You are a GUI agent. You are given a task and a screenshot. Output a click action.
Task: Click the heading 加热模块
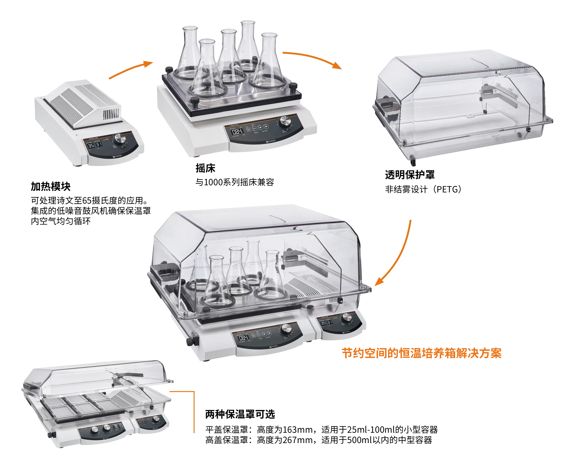point(51,186)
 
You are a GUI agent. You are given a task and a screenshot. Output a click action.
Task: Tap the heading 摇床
point(205,168)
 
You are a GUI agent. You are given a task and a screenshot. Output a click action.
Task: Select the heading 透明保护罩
point(410,175)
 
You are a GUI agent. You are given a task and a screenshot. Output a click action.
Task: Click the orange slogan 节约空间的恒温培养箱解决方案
point(421,353)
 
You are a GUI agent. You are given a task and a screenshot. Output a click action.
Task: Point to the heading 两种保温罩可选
point(240,414)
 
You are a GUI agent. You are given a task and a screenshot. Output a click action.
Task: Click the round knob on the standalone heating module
point(120,139)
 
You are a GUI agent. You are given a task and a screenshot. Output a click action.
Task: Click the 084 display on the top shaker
point(237,132)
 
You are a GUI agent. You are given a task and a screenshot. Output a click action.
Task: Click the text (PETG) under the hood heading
point(448,189)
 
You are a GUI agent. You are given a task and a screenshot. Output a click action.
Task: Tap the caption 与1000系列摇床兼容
point(234,182)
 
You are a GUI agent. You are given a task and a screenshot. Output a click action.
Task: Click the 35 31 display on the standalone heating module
point(95,145)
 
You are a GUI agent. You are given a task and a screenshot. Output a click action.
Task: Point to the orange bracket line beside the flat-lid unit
point(194,410)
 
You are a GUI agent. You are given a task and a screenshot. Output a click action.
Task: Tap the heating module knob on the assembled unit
point(347,317)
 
